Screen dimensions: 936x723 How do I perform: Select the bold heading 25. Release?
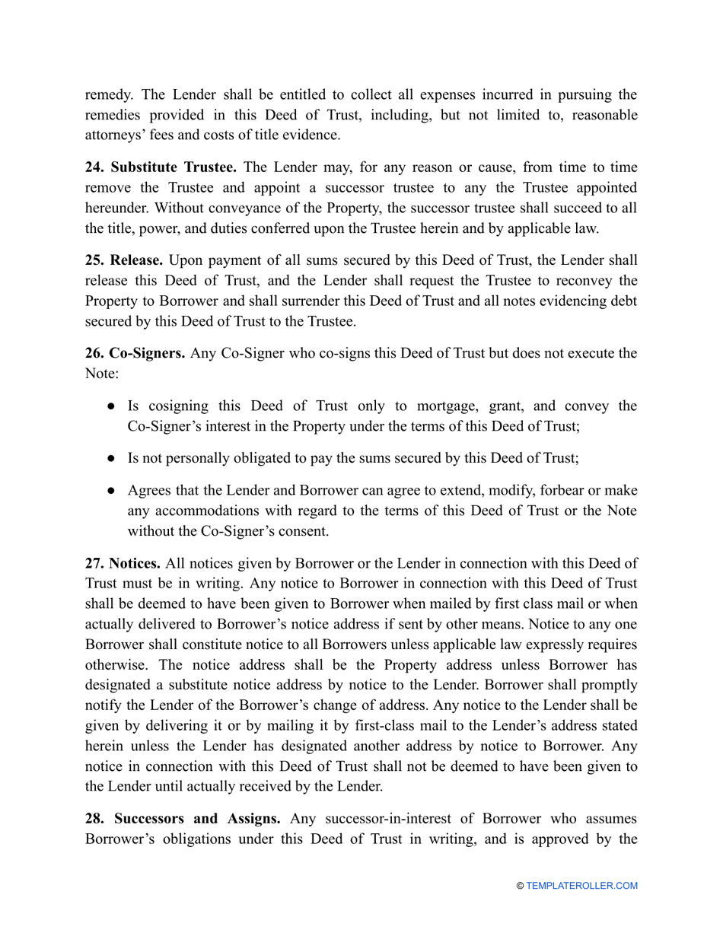coord(123,260)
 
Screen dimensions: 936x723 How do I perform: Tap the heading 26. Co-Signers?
coord(135,354)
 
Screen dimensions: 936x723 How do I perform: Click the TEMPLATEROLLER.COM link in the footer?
coord(581,886)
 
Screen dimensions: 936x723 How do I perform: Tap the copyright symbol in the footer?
coord(521,886)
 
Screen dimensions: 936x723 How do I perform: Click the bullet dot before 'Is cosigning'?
coord(111,406)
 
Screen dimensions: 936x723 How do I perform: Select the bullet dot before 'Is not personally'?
coord(111,458)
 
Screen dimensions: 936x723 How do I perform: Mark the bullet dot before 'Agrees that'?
coord(111,490)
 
